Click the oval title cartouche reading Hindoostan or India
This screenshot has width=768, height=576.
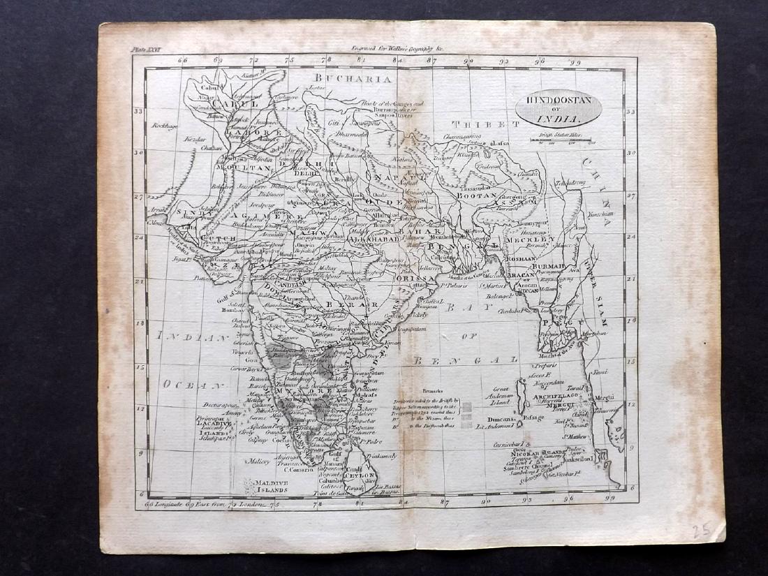pos(558,108)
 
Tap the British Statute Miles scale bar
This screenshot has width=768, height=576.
pos(562,140)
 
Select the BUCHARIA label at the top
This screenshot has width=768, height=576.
pos(352,79)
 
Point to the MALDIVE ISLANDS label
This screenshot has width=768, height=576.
pos(272,486)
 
